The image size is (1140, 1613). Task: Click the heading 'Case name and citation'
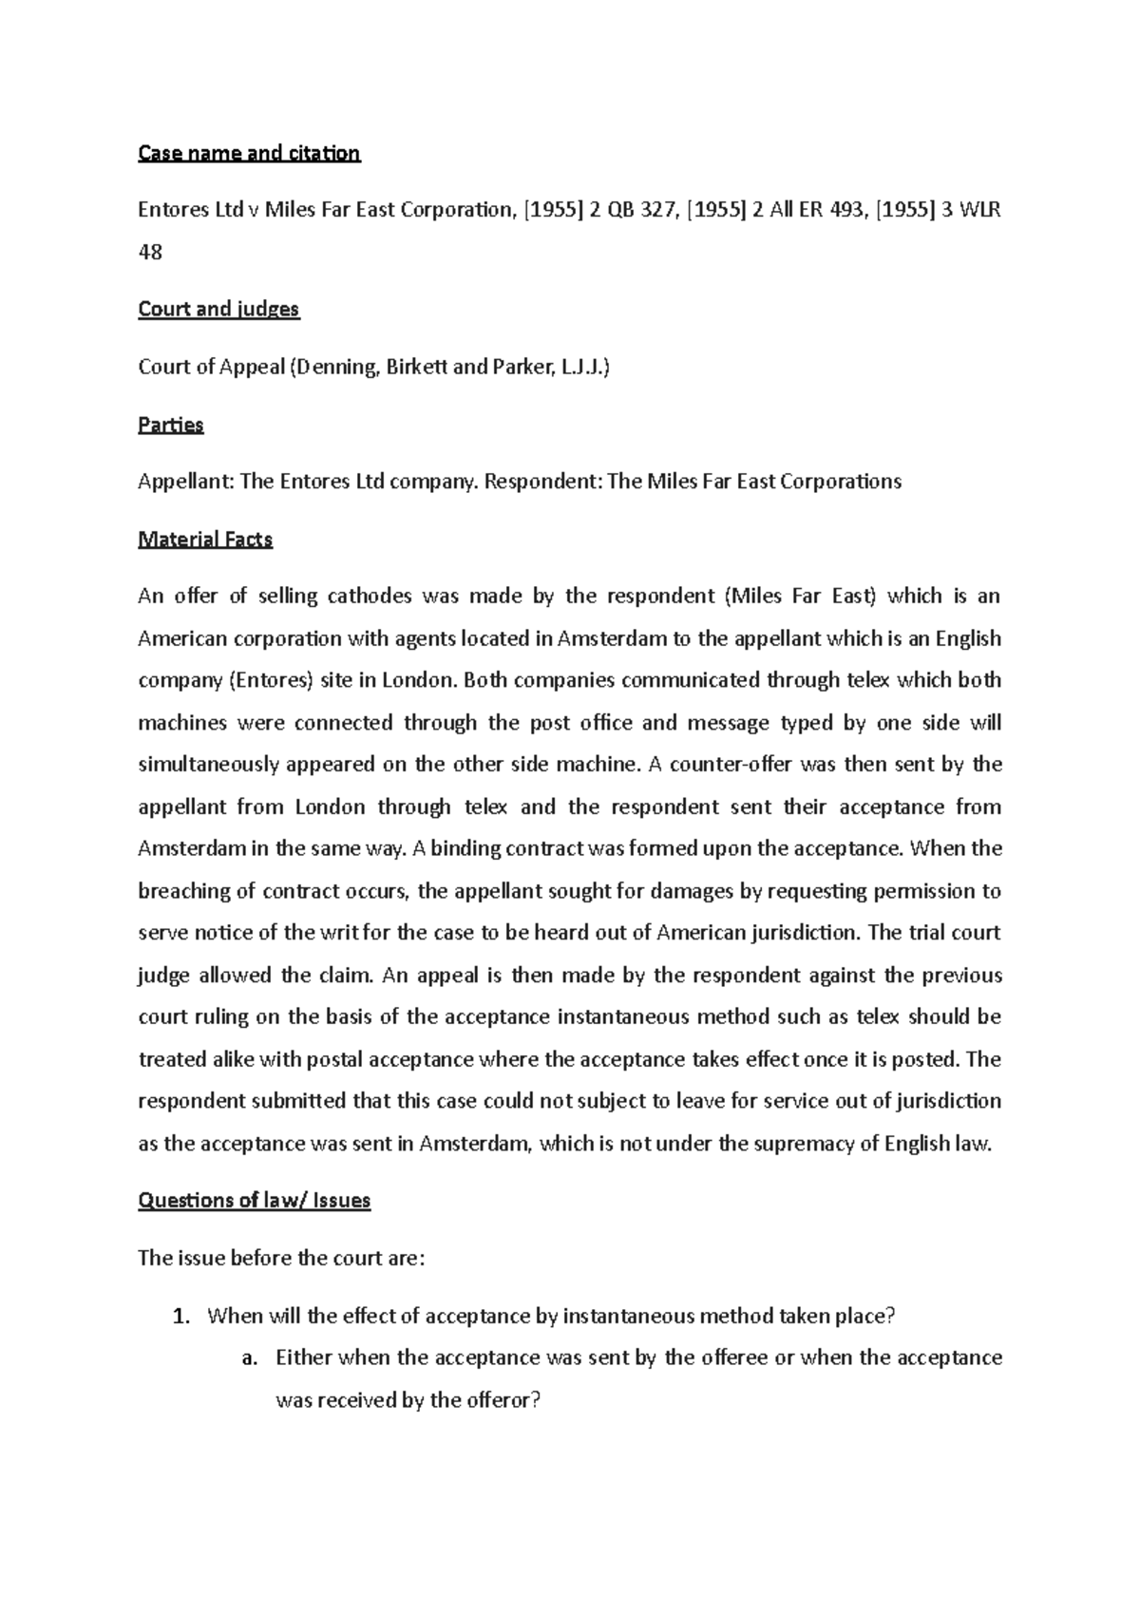(249, 153)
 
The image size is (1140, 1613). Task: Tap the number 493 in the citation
(844, 210)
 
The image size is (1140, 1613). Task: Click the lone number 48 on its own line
(150, 253)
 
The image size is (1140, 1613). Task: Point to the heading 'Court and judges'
(218, 309)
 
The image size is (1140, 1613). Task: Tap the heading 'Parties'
(171, 425)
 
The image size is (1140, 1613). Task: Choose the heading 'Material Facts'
(205, 540)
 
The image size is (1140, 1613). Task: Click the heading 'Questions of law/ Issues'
(254, 1201)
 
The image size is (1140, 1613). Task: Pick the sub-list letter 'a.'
(250, 1358)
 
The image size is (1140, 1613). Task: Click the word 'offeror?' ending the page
(502, 1400)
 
